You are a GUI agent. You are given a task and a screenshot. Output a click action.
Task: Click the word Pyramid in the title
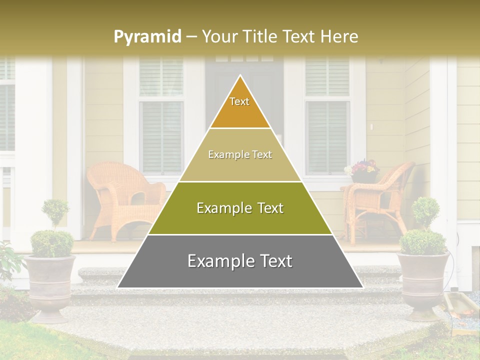point(147,37)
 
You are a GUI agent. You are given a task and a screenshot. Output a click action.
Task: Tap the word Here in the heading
point(340,36)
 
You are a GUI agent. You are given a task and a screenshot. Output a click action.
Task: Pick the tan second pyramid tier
point(240,155)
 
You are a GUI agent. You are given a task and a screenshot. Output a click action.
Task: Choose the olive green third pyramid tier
point(240,208)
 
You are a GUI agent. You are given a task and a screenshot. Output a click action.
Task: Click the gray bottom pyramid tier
point(240,261)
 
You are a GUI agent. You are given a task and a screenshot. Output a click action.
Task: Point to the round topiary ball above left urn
point(55,210)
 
